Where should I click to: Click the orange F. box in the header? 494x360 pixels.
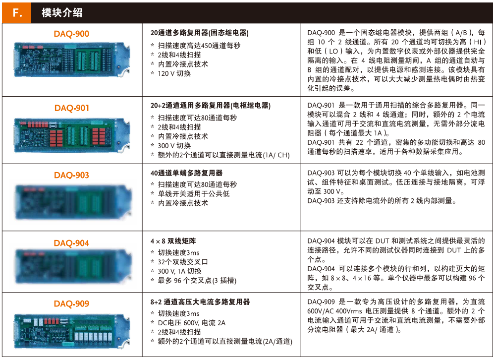(x=17, y=13)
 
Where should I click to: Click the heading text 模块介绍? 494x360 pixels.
(x=62, y=13)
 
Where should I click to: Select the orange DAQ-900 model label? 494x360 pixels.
(x=71, y=34)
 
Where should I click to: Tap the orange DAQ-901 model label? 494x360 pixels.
(x=72, y=108)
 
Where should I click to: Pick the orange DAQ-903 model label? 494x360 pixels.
(x=71, y=175)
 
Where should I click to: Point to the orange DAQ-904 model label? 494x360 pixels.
(x=71, y=243)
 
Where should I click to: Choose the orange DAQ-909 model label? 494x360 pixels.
(x=71, y=304)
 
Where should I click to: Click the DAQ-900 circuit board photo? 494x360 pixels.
(x=71, y=60)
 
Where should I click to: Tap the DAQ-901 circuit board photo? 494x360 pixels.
(x=71, y=135)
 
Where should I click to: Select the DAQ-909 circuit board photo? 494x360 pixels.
(x=71, y=331)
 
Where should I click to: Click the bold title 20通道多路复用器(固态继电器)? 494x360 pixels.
(x=199, y=33)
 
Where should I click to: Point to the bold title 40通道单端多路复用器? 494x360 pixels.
(x=186, y=173)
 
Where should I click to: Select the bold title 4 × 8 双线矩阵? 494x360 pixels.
(x=173, y=241)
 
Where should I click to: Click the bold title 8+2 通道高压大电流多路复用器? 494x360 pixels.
(x=200, y=302)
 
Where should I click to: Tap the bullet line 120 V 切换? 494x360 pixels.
(x=174, y=73)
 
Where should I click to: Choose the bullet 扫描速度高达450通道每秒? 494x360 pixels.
(x=199, y=46)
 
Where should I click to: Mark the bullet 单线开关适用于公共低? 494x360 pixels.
(x=194, y=194)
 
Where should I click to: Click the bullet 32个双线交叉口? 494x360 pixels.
(x=183, y=262)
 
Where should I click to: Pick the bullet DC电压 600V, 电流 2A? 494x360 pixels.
(x=192, y=323)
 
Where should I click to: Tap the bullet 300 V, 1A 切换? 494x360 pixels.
(x=179, y=271)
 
